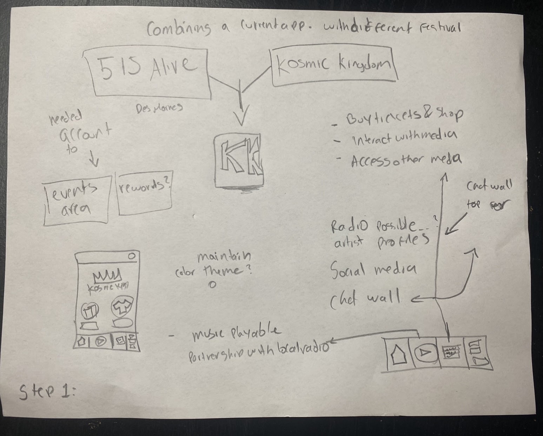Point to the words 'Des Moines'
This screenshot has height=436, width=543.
coord(160,107)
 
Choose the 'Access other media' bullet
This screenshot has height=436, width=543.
coord(405,160)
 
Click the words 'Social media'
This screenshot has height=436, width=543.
coord(373,270)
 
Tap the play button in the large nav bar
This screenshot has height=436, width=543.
coord(425,353)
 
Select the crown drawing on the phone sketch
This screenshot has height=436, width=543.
coord(107,275)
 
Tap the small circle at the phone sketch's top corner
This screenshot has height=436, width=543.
coord(132,256)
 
